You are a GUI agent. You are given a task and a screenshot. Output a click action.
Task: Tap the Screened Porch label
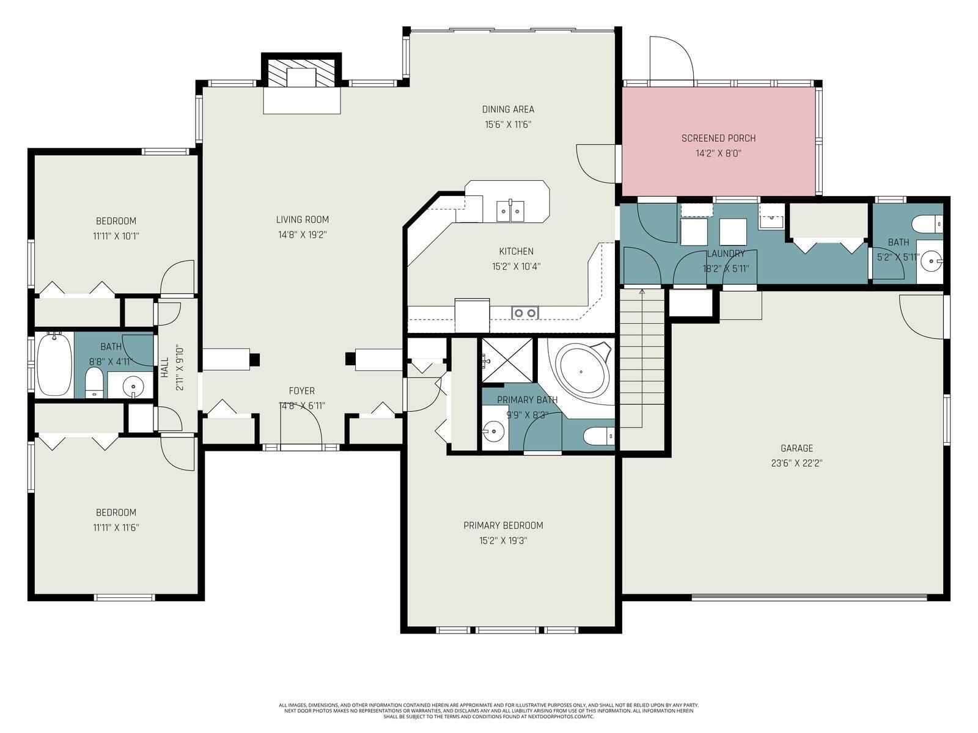(x=718, y=138)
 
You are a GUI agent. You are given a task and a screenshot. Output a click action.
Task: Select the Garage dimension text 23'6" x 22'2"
(x=796, y=463)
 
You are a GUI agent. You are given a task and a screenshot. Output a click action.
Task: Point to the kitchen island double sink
(x=509, y=210)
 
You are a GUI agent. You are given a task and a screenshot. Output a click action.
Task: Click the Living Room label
(x=302, y=219)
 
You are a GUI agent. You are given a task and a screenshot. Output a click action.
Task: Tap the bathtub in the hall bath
(x=54, y=365)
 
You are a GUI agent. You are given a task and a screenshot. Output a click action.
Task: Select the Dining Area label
(x=508, y=109)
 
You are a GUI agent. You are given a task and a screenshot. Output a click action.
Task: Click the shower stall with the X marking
(x=507, y=359)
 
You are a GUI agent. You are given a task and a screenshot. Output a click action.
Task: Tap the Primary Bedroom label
(x=502, y=525)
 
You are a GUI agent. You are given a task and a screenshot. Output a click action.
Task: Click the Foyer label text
(x=301, y=391)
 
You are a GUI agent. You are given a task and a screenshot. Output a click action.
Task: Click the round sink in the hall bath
(x=134, y=385)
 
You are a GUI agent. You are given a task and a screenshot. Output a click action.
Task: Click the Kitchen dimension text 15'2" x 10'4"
(x=516, y=266)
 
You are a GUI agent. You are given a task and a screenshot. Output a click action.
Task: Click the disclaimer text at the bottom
(x=488, y=710)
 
